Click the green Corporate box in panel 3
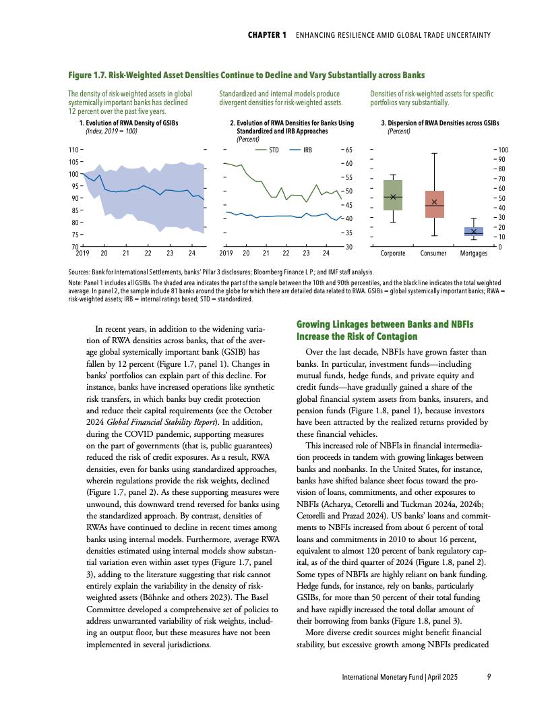[x=393, y=195]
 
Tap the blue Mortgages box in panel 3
[x=474, y=231]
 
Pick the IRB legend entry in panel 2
[x=302, y=150]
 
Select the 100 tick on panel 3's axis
[x=503, y=149]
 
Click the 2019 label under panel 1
[x=82, y=253]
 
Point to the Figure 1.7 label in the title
[x=92, y=73]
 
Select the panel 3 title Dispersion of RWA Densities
[x=440, y=124]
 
